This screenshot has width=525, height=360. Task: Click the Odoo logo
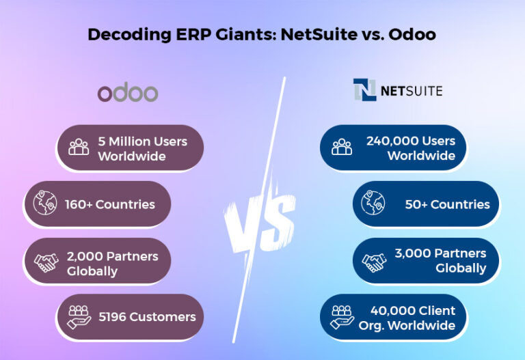tap(127, 93)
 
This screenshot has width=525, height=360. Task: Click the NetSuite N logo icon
tap(364, 90)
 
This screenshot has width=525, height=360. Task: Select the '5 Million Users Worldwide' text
tap(142, 148)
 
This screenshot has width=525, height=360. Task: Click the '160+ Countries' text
tap(110, 204)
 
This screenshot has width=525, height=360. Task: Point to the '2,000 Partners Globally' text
tap(112, 264)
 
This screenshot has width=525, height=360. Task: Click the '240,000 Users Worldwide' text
tap(411, 148)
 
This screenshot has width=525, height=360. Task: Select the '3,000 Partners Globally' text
tap(440, 260)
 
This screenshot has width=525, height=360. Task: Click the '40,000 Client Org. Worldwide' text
tap(407, 318)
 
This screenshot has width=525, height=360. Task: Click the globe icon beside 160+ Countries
tap(44, 204)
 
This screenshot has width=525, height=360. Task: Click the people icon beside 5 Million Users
tap(79, 147)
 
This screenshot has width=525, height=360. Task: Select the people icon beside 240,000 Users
tap(342, 147)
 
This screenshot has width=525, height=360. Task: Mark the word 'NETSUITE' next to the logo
tap(412, 90)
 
